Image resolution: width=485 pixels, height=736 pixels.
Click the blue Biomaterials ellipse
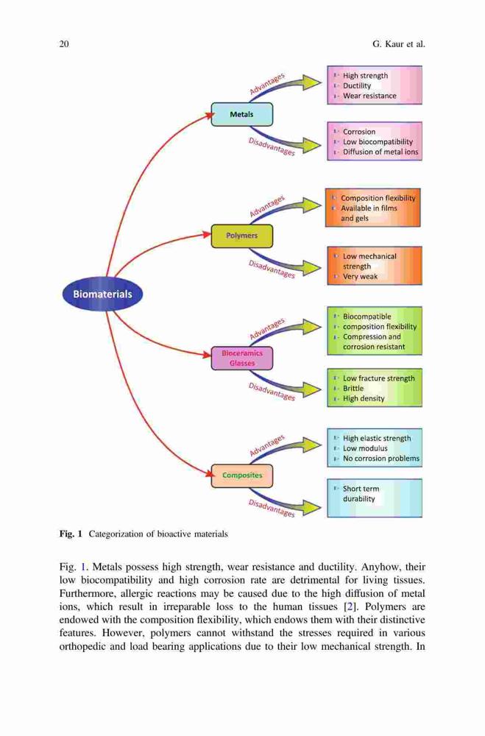[x=102, y=294]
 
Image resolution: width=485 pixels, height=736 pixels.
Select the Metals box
[x=242, y=114]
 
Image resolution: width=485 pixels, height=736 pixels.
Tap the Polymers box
[x=242, y=236]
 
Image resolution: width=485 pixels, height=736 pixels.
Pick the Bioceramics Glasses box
[x=242, y=358]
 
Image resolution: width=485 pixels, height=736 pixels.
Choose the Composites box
[x=242, y=475]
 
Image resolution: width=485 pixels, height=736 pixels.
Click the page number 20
[x=64, y=44]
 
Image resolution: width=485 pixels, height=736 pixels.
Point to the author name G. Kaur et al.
[x=399, y=44]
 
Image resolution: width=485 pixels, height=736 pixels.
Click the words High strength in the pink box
[x=365, y=76]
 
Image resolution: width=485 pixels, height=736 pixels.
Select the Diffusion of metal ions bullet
[x=380, y=152]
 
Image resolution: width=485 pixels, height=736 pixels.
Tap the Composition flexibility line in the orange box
[x=378, y=198]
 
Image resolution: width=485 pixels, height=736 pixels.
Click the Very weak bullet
[x=360, y=277]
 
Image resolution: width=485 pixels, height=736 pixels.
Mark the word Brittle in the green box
[x=353, y=388]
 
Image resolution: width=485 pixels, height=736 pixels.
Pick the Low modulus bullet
[x=365, y=448]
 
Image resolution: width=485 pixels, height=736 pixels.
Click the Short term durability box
[x=374, y=498]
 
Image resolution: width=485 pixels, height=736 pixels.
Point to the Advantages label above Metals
[x=267, y=84]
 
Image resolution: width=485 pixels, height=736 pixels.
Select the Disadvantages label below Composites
[x=272, y=509]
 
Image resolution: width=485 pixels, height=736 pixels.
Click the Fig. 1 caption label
[x=71, y=534]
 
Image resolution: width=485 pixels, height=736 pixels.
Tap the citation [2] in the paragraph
[x=349, y=606]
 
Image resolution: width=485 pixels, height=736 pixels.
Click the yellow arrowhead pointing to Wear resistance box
[x=312, y=82]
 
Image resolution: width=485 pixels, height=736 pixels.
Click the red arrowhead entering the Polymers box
[x=206, y=234]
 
